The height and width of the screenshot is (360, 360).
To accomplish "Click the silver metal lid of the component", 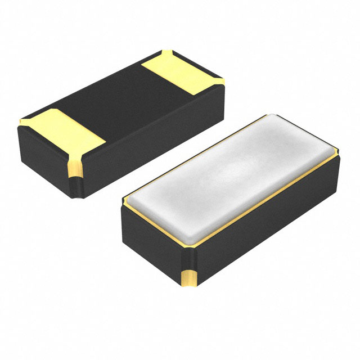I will [231, 180].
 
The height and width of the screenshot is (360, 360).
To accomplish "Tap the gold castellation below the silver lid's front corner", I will [189, 278].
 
